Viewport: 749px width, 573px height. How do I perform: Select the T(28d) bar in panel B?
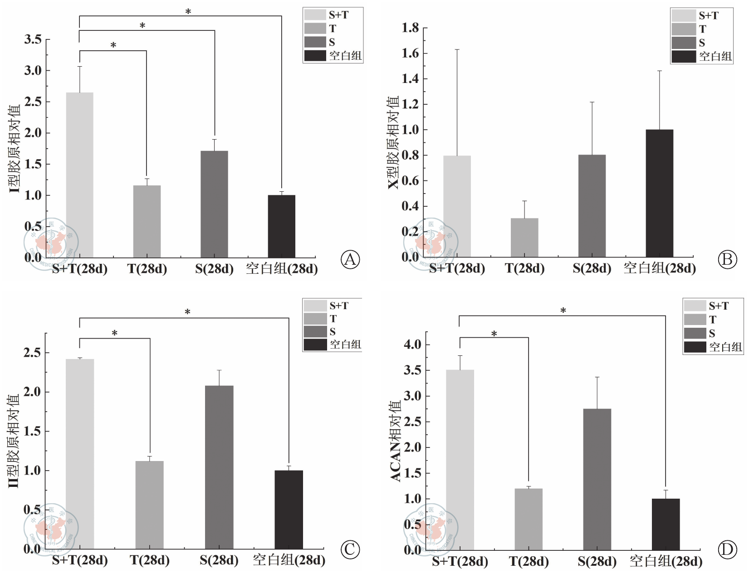(524, 238)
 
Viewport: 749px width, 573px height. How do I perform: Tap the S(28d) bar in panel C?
(219, 467)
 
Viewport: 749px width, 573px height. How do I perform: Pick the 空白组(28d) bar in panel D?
(666, 524)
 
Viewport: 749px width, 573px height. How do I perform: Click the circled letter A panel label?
(350, 259)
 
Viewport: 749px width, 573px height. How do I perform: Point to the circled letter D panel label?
(727, 549)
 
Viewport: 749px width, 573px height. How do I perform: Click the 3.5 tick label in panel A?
(33, 39)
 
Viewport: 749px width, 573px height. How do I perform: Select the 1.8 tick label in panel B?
(410, 28)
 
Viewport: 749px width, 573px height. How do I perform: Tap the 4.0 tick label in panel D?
(412, 345)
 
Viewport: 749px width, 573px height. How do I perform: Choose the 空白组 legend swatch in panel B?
(683, 56)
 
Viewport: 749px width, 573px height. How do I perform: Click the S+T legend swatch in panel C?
(315, 306)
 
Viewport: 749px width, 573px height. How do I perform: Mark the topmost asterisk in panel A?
(188, 11)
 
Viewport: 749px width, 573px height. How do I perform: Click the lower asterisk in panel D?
(494, 334)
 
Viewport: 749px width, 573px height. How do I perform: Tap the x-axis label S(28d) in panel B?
(592, 268)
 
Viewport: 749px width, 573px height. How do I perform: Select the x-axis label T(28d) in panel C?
(150, 560)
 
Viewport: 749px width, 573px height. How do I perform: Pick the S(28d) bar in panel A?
(214, 204)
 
